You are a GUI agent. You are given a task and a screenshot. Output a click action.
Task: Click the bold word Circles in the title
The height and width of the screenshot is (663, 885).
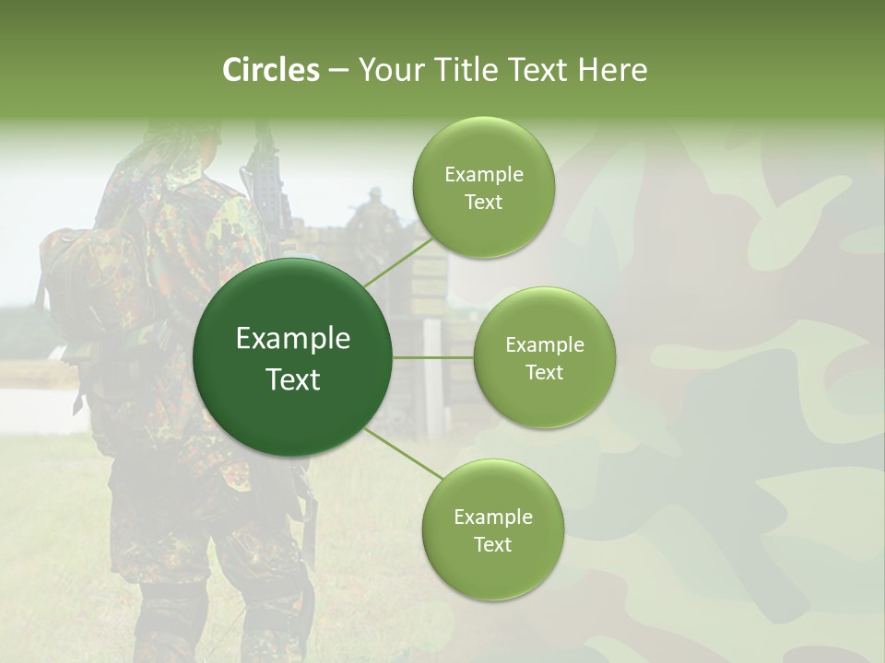[271, 70]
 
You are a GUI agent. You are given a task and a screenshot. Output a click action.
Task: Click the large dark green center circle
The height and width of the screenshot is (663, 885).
[293, 357]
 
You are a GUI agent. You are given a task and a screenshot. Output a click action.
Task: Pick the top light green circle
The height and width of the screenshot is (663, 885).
[483, 187]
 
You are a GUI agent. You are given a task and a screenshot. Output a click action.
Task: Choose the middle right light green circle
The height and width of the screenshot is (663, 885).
[544, 357]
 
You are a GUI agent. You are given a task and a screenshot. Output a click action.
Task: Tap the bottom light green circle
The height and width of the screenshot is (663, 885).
[492, 529]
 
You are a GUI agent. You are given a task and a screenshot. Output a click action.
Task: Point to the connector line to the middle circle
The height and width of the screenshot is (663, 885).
[433, 357]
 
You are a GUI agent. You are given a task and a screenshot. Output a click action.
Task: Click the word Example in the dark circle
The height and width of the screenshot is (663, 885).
[293, 339]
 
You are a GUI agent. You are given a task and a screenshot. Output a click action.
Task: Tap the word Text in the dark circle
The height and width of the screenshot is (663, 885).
[293, 379]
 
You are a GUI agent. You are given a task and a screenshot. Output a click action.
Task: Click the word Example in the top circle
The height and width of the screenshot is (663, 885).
[483, 175]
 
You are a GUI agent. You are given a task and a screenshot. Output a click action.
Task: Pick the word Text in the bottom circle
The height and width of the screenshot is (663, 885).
[492, 544]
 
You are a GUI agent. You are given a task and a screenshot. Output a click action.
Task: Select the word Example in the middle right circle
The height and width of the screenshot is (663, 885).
[544, 345]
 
